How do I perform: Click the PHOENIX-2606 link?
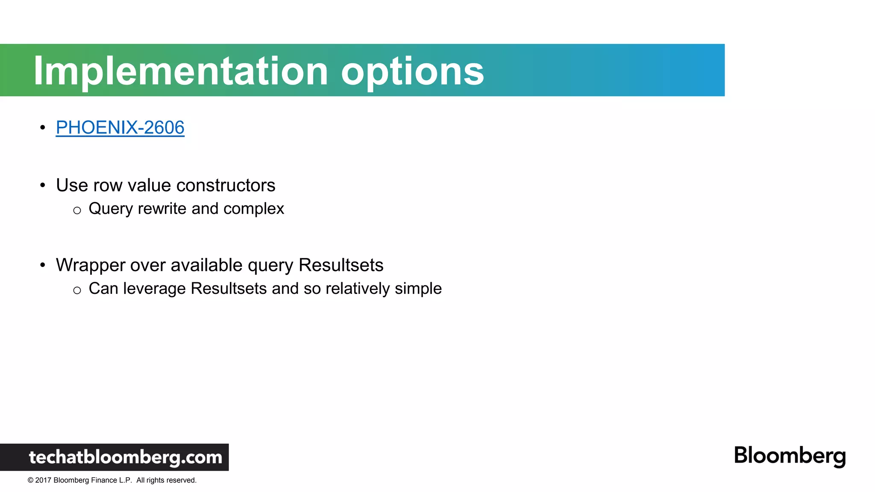[x=120, y=128]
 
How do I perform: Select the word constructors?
[x=226, y=185]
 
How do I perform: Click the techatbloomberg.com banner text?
[x=125, y=457]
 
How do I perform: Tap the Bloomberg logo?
[x=790, y=456]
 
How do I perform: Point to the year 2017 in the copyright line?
[x=43, y=480]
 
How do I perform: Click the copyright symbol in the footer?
[x=30, y=480]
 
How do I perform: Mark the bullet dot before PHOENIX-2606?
[x=42, y=127]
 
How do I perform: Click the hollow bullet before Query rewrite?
[x=77, y=211]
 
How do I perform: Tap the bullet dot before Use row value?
[x=42, y=185]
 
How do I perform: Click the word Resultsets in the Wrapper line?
[x=341, y=265]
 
